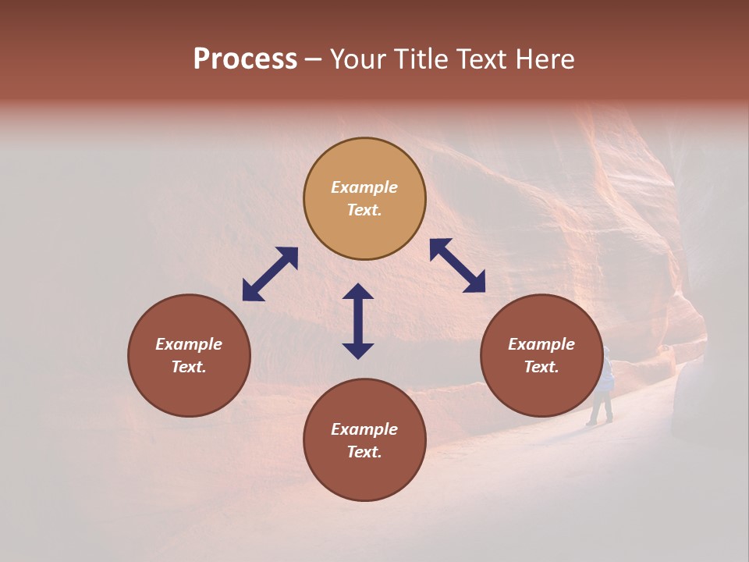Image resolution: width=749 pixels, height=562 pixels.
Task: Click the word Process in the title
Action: click(245, 59)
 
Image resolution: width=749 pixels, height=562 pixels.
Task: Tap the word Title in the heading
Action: click(424, 59)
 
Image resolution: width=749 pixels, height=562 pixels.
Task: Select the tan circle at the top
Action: click(364, 199)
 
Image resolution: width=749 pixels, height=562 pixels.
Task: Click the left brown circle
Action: click(189, 355)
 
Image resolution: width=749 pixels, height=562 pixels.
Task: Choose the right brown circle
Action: click(541, 355)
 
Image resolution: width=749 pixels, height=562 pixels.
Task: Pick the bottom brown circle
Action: click(364, 440)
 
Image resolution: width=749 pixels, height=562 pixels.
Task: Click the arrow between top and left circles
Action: click(270, 274)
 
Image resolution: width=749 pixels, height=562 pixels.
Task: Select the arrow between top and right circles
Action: click(458, 265)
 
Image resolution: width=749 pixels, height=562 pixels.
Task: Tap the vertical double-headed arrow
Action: click(358, 321)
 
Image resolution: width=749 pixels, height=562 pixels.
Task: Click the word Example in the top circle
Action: click(364, 187)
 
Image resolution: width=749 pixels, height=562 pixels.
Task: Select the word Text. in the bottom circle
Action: click(364, 452)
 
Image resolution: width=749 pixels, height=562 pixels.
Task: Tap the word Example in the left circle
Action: click(189, 344)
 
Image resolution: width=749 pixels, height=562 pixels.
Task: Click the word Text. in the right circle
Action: click(541, 367)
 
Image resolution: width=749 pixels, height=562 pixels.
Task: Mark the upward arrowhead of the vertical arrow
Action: click(358, 292)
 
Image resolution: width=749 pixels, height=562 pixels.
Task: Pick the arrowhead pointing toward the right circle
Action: click(475, 283)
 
